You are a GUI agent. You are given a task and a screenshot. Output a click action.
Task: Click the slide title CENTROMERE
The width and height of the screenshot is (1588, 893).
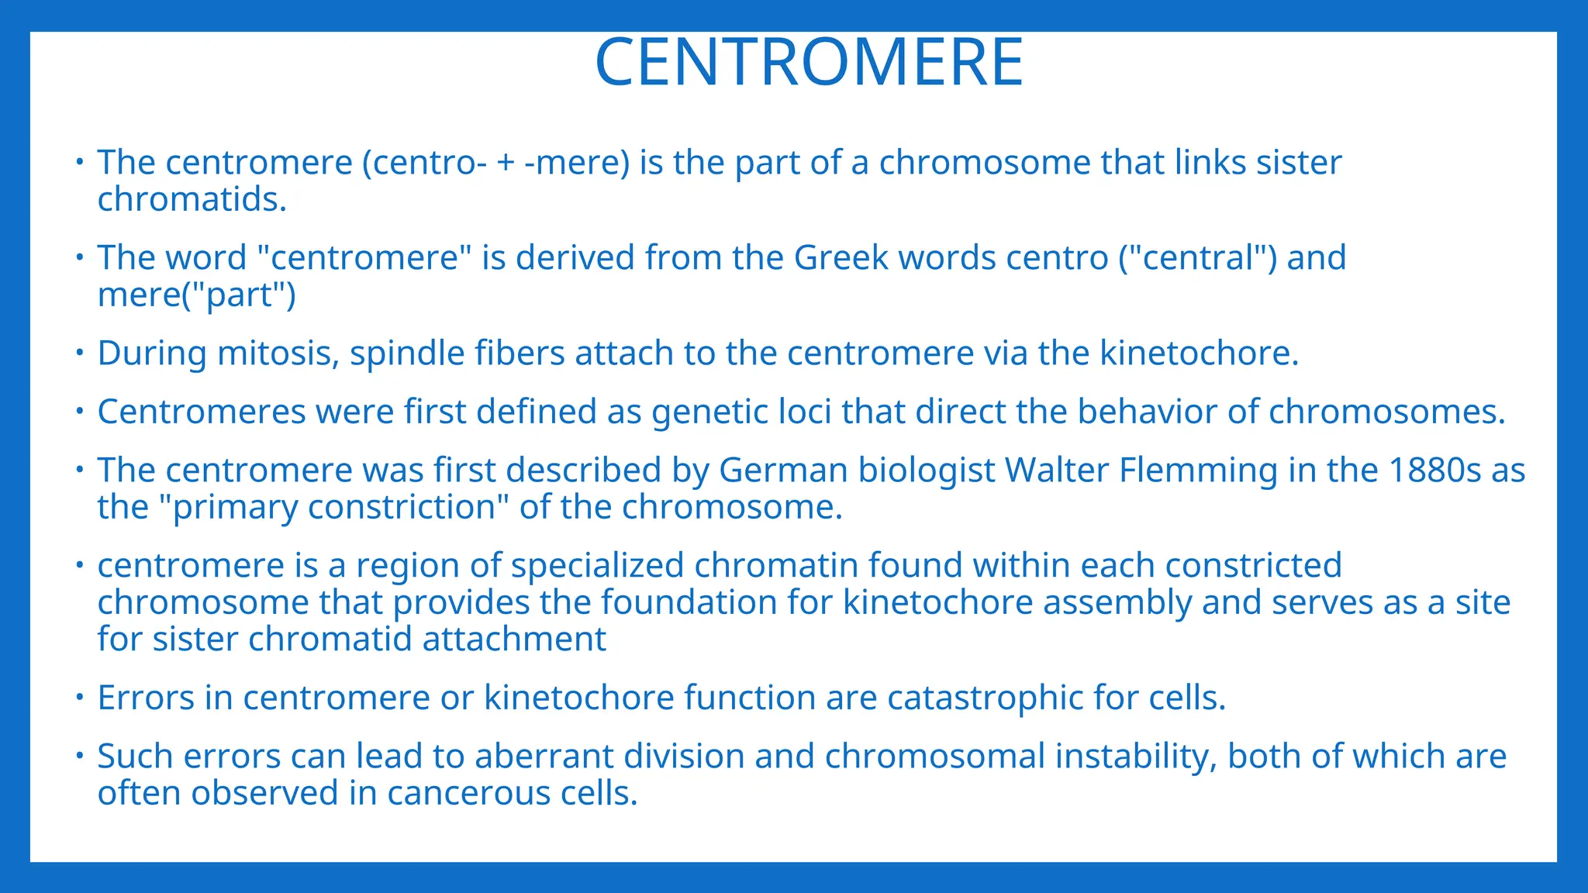[809, 63]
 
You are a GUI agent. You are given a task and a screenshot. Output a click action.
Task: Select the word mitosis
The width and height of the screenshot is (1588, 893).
[278, 353]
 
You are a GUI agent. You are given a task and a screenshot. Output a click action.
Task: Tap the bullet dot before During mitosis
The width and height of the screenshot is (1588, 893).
[79, 353]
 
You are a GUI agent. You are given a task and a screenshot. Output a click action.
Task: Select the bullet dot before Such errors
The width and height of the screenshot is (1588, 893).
[79, 755]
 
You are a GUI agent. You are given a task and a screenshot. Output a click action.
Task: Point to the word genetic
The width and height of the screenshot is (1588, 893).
[711, 412]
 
